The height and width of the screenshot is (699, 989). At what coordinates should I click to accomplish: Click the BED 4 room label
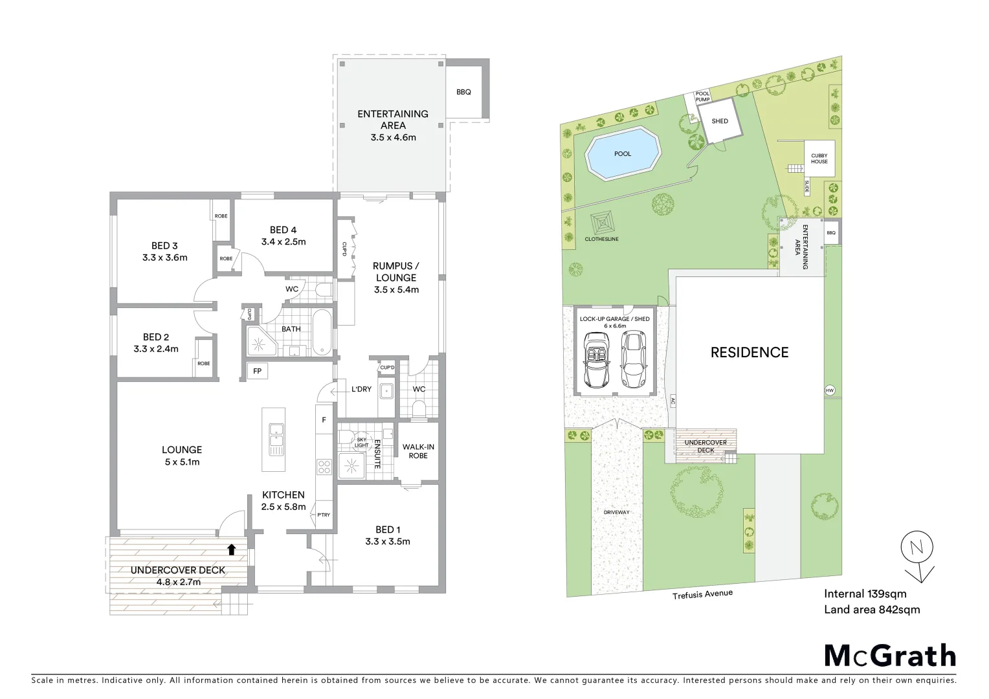(283, 230)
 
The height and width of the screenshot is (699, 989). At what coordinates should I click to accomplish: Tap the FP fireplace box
(257, 371)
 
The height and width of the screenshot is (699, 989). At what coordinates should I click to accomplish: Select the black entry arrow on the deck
(231, 549)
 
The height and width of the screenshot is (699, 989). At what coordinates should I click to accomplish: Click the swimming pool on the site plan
(622, 154)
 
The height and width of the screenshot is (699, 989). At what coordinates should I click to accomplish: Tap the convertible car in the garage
(595, 360)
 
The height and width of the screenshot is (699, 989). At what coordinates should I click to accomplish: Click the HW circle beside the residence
(830, 390)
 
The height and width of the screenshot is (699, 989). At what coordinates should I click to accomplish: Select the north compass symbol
(917, 549)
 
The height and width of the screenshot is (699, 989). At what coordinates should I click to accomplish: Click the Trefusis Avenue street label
(702, 594)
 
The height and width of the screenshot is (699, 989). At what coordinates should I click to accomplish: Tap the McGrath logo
(890, 656)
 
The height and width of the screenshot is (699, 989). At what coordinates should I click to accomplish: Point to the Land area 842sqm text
(871, 610)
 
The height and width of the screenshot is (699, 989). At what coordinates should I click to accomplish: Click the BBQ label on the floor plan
(463, 92)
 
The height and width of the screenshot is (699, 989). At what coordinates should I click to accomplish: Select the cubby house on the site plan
(819, 159)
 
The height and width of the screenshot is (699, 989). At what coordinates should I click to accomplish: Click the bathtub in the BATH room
(322, 333)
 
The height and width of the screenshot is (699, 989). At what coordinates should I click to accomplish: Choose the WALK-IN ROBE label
(418, 451)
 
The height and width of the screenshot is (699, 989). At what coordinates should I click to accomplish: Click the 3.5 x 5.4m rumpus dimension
(396, 290)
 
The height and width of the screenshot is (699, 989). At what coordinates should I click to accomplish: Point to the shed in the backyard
(719, 122)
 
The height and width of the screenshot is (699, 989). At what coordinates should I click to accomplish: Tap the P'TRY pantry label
(323, 515)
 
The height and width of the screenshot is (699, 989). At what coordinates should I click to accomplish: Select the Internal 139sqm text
(865, 594)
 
